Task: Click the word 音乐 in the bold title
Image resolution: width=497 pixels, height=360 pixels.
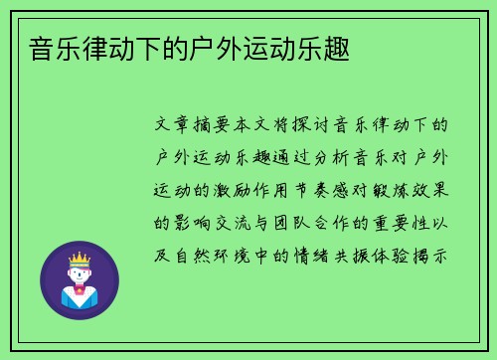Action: tap(40, 48)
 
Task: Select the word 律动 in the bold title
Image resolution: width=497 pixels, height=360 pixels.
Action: tap(87, 48)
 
